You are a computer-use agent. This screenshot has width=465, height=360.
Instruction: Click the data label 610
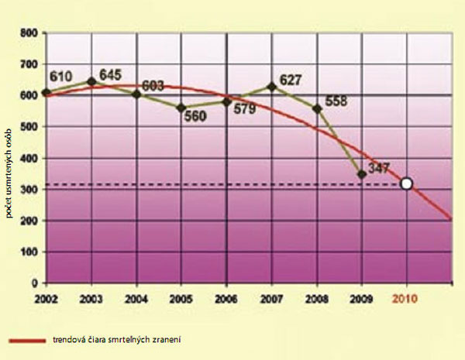61,77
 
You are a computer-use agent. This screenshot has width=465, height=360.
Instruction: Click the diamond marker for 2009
360,174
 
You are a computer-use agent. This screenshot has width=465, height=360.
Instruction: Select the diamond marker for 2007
270,87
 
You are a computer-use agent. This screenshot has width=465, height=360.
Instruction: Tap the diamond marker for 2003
91,81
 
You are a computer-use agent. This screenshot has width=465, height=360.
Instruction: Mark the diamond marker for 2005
181,108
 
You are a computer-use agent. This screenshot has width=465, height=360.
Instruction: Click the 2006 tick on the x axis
226,297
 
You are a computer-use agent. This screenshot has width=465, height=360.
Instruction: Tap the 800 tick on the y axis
29,33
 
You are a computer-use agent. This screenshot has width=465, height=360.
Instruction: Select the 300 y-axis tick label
29,190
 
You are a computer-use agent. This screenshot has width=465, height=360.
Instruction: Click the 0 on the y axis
36,283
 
